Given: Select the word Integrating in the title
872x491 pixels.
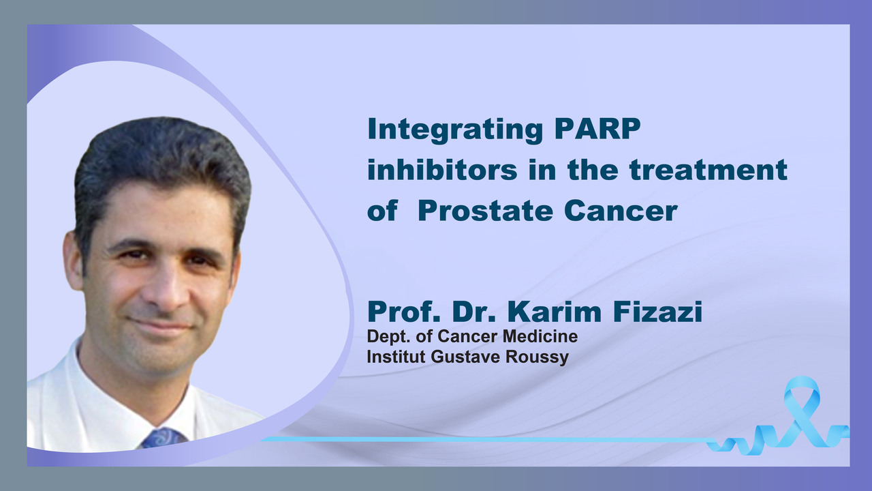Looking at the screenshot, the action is click(x=454, y=130).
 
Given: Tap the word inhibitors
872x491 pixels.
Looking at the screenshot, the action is click(x=442, y=170).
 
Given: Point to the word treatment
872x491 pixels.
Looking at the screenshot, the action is click(x=708, y=170).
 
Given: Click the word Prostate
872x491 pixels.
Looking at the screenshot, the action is click(x=485, y=211).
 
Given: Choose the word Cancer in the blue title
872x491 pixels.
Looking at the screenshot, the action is click(x=621, y=211).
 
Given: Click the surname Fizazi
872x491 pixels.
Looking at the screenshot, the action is click(x=658, y=312).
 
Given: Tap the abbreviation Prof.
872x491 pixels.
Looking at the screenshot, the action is click(x=404, y=312).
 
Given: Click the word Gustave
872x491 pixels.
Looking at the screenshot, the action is click(x=465, y=357).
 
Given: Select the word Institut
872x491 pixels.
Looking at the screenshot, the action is click(x=396, y=357).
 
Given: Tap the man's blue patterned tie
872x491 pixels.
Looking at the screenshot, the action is click(x=163, y=438).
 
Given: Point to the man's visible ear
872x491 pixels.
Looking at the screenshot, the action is click(x=73, y=259).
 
